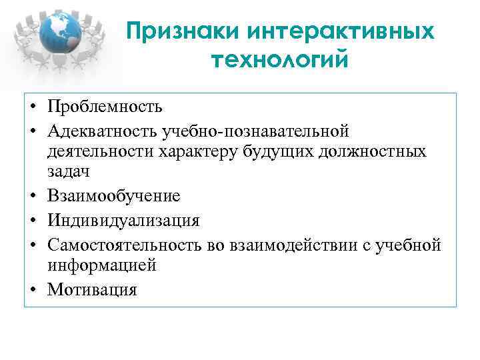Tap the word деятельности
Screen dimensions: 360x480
100,151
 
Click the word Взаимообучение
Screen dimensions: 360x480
114,195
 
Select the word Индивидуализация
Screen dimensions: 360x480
123,219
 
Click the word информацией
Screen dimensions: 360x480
101,265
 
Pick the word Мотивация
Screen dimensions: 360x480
92,289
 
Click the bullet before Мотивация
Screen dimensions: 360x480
33,289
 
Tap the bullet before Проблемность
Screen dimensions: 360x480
33,107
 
